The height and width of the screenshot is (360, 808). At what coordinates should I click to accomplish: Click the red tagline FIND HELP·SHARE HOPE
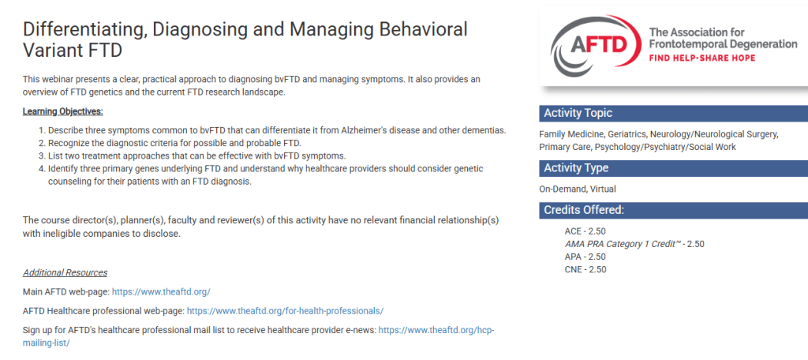point(701,58)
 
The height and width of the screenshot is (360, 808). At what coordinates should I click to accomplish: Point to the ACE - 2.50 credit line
point(585,231)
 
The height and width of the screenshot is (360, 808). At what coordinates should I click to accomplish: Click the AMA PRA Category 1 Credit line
point(634,244)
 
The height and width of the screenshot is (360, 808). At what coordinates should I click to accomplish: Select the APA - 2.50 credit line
point(585,257)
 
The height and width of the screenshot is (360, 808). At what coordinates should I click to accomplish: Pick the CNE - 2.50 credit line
point(585,269)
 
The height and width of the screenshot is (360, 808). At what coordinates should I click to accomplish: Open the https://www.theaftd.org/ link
point(161,291)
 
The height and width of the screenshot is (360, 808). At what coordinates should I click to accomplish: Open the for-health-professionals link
point(285,311)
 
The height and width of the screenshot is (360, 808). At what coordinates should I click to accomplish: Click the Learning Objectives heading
point(63,111)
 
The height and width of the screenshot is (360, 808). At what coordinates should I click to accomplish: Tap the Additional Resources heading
point(65,272)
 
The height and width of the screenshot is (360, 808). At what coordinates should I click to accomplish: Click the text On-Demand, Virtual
point(577,189)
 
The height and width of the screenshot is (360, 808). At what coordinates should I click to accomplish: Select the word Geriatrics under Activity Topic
point(626,134)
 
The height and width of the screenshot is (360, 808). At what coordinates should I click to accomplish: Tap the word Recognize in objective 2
point(68,142)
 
